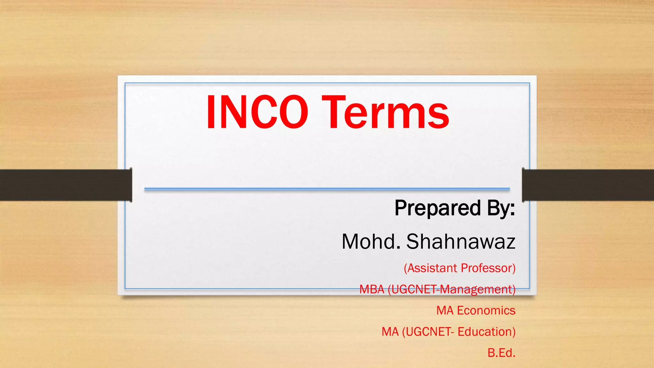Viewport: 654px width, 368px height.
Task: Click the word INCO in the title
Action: tap(257, 112)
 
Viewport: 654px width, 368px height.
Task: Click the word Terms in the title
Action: tap(385, 112)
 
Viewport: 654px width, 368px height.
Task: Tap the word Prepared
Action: tap(437, 208)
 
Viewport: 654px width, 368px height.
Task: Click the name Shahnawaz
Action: tap(460, 241)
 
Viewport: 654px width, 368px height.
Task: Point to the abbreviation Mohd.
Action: tap(370, 241)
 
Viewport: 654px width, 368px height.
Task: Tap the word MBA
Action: tap(372, 289)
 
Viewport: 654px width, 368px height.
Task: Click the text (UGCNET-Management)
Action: tap(452, 289)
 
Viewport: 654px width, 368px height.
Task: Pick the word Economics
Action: tap(486, 310)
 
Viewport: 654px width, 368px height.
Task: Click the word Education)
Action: tap(486, 332)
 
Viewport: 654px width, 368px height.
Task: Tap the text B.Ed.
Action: tap(501, 353)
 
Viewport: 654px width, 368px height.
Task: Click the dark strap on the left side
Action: tap(64, 185)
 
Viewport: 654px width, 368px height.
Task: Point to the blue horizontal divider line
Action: tap(327, 189)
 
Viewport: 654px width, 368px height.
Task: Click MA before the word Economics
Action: tap(445, 310)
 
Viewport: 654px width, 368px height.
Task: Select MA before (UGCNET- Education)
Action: tap(390, 332)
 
